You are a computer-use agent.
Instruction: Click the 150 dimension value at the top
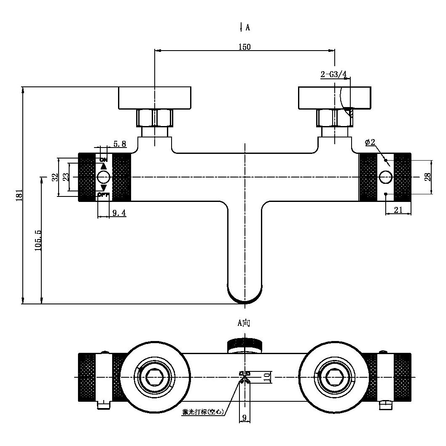click(244, 47)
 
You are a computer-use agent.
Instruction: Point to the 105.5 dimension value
click(38, 240)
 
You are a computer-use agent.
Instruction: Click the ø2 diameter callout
click(370, 142)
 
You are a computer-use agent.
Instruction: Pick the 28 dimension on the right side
click(428, 177)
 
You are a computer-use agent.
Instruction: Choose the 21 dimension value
click(398, 210)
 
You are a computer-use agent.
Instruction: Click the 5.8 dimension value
click(119, 144)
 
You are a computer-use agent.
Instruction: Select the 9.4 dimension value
click(118, 213)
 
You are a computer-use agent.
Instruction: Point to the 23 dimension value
click(66, 177)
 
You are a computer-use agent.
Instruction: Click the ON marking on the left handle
click(103, 159)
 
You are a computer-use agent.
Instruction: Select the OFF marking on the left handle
click(103, 195)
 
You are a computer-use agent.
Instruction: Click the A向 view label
click(244, 323)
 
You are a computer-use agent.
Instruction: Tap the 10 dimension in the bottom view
click(266, 377)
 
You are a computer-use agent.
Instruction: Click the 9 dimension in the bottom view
click(244, 418)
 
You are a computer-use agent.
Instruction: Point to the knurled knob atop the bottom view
click(244, 344)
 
